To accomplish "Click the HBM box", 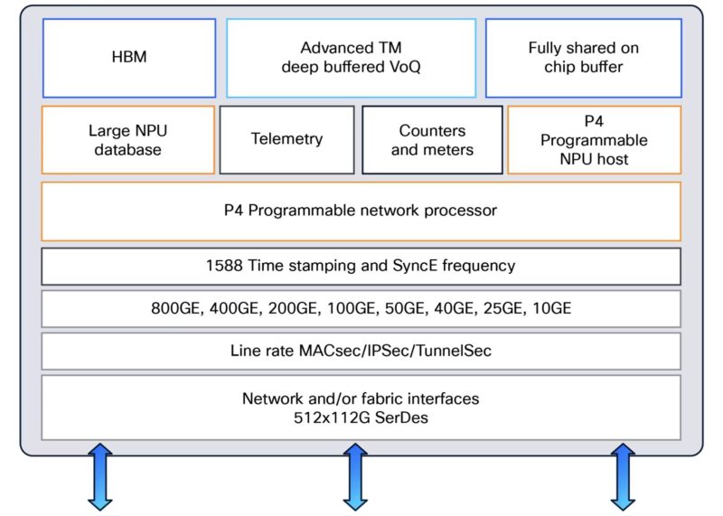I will click(128, 58).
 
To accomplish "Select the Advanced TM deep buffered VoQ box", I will click(351, 57).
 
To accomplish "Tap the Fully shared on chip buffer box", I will click(583, 57).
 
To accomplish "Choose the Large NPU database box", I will click(127, 140).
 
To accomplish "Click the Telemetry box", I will click(286, 139).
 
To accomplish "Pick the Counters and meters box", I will click(432, 140).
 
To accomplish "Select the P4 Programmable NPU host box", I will click(594, 140).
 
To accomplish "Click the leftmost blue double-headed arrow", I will click(99, 476).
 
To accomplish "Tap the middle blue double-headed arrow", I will click(355, 476).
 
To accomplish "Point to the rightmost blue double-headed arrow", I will click(623, 476).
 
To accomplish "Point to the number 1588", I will click(226, 266).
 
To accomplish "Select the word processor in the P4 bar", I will click(457, 211).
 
